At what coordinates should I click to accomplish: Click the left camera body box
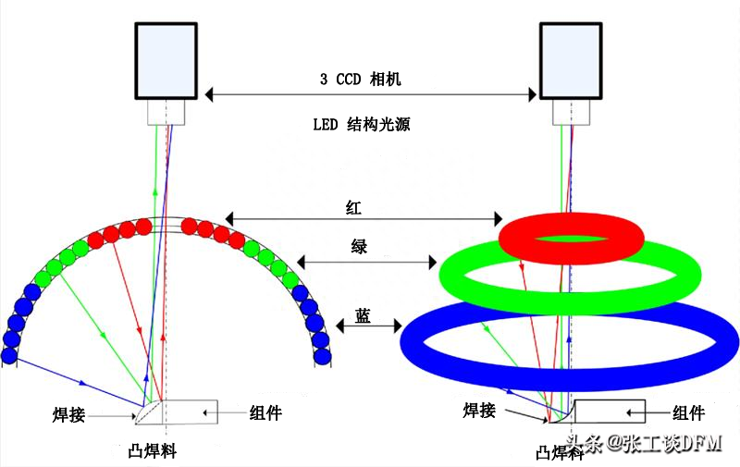(x=166, y=59)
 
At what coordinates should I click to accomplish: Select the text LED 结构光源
(x=361, y=124)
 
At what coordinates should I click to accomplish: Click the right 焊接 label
(x=484, y=410)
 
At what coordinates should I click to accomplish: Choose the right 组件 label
(x=689, y=412)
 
